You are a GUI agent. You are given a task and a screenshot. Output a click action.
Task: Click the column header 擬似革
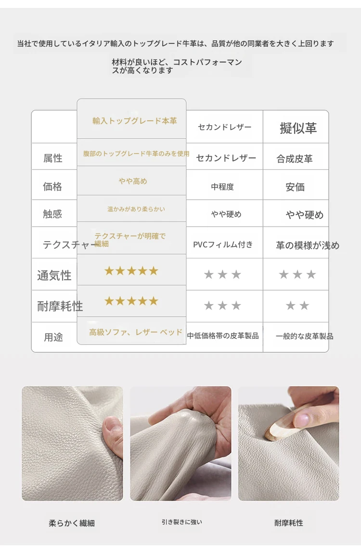[298, 128]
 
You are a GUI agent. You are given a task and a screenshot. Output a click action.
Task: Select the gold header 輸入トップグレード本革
[134, 121]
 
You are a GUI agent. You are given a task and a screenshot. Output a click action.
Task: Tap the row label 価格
[52, 186]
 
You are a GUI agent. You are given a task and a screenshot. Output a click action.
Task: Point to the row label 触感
[52, 214]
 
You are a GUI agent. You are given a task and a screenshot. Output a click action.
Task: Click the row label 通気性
[54, 275]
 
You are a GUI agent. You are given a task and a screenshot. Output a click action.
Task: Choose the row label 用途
[53, 337]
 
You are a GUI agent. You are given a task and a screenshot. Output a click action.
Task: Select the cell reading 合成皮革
[295, 159]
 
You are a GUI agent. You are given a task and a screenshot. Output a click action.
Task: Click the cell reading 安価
[295, 187]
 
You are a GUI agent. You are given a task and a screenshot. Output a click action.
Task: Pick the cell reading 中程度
[222, 187]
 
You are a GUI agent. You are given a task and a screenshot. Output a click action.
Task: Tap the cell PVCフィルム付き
[223, 244]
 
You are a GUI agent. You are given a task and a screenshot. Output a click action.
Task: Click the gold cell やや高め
[133, 181]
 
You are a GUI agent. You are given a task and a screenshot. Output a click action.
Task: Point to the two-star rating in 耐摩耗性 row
[297, 306]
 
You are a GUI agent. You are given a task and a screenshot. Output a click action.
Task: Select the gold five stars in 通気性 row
[131, 271]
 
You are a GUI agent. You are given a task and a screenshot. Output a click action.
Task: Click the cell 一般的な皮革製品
[305, 336]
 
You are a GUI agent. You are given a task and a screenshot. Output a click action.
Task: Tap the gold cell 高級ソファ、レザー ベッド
[136, 332]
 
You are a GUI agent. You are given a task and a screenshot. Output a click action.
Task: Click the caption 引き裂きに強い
[182, 522]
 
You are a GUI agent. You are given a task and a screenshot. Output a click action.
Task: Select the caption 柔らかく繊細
[72, 523]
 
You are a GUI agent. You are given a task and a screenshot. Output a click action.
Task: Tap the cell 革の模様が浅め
[308, 245]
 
